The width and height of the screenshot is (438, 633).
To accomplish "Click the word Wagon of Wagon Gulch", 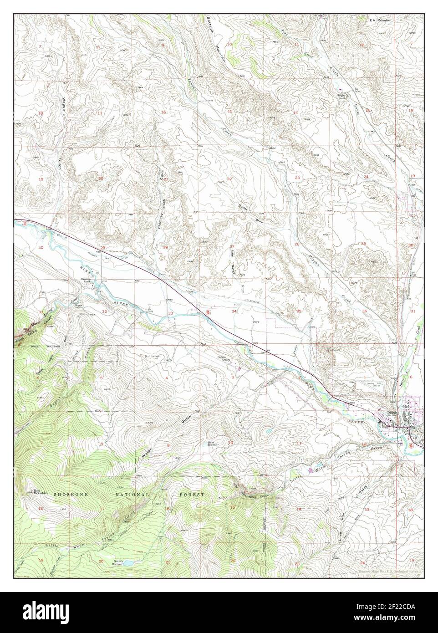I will click(64, 107).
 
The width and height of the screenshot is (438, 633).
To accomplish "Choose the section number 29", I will click(103, 247).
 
